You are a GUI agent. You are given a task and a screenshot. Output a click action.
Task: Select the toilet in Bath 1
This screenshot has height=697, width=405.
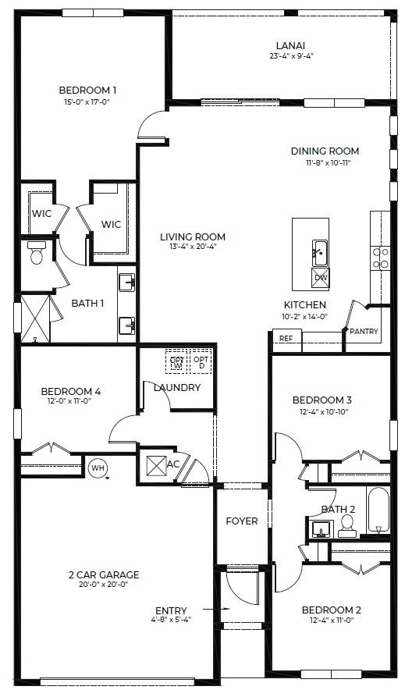(36, 253)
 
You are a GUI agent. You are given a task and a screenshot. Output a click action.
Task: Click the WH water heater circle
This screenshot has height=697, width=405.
(98, 468)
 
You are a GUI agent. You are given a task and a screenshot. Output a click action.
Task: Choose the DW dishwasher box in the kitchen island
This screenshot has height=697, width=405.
(321, 277)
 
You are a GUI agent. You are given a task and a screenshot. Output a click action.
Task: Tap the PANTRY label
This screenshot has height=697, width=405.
(363, 332)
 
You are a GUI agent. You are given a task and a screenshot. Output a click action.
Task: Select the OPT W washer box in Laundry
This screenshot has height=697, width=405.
(176, 363)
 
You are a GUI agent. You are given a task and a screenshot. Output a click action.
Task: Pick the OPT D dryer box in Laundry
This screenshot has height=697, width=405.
(201, 363)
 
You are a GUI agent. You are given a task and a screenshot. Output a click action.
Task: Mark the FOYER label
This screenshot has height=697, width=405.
(242, 521)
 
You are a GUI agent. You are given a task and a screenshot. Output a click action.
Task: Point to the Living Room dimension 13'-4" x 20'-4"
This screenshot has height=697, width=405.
(193, 247)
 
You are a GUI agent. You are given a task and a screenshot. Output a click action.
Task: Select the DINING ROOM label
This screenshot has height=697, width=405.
(325, 151)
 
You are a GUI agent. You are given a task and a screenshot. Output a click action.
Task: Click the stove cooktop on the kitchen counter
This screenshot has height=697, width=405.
(380, 258)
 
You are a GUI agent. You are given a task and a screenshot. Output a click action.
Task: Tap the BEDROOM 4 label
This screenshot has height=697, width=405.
(70, 391)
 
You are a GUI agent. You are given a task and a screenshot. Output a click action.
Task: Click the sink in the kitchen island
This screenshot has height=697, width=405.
(319, 251)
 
